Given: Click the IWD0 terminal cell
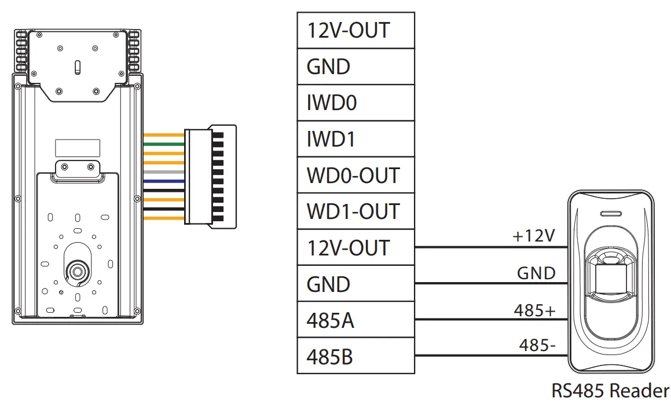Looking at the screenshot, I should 355,103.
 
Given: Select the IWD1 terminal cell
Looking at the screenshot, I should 355,139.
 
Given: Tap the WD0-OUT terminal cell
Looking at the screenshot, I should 355,175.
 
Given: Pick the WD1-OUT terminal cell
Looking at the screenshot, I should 355,211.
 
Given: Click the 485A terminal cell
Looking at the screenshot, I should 355,320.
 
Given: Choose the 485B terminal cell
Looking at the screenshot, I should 355,356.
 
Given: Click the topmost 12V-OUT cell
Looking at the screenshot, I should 355,30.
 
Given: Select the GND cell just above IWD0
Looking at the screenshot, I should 355,67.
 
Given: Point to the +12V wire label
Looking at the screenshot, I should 533,236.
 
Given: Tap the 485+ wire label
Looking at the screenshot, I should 534,310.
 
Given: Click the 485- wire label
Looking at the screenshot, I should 537,346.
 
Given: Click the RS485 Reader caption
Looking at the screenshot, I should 610,391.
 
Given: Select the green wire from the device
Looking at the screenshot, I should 163,144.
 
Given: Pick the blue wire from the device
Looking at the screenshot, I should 163,181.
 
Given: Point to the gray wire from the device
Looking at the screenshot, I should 163,172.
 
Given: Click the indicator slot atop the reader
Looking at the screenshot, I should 611,213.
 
